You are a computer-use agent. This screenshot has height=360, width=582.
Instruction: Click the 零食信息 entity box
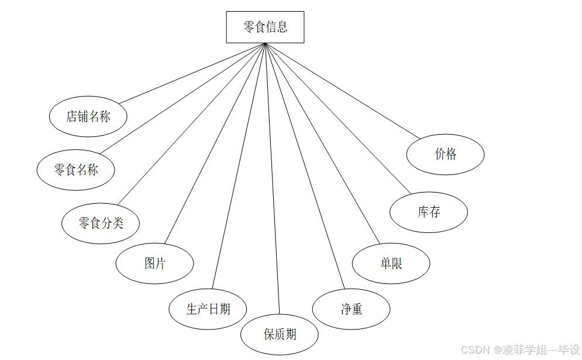pyautogui.click(x=265, y=27)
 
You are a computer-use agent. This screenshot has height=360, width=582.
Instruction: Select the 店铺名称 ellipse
pyautogui.click(x=88, y=116)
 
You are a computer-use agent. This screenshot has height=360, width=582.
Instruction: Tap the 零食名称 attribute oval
pyautogui.click(x=76, y=170)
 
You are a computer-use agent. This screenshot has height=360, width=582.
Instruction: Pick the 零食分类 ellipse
pyautogui.click(x=101, y=223)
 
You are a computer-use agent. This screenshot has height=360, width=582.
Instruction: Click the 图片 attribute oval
pyautogui.click(x=154, y=264)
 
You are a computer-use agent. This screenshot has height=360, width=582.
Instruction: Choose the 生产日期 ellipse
pyautogui.click(x=208, y=309)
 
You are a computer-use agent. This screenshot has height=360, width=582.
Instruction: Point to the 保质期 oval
pyautogui.click(x=280, y=335)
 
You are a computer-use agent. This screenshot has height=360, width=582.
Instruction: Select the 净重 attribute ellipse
pyautogui.click(x=351, y=309)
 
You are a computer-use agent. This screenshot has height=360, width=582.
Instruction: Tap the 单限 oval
pyautogui.click(x=391, y=264)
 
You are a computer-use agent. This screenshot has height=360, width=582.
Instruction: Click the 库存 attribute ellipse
pyautogui.click(x=429, y=212)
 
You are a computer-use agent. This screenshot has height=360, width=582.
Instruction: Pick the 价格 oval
pyautogui.click(x=445, y=155)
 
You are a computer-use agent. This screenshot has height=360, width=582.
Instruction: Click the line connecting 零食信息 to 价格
pyautogui.click(x=342, y=91)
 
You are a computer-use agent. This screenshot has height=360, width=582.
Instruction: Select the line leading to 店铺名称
pyautogui.click(x=191, y=73)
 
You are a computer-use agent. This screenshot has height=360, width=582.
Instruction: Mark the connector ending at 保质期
pyautogui.click(x=273, y=179)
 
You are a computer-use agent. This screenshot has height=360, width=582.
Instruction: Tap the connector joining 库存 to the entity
pyautogui.click(x=338, y=118)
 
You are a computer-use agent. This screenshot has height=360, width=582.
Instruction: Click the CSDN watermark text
pyautogui.click(x=520, y=349)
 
